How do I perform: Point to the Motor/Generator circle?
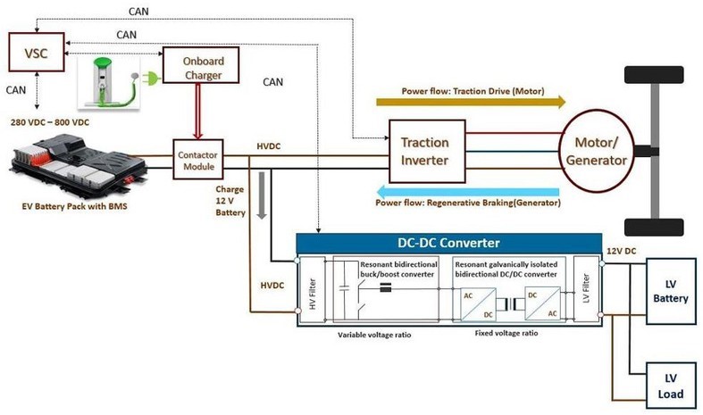pyautogui.click(x=599, y=149)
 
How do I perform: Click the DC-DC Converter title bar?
pyautogui.click(x=448, y=242)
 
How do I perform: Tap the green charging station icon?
pyautogui.click(x=110, y=79)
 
